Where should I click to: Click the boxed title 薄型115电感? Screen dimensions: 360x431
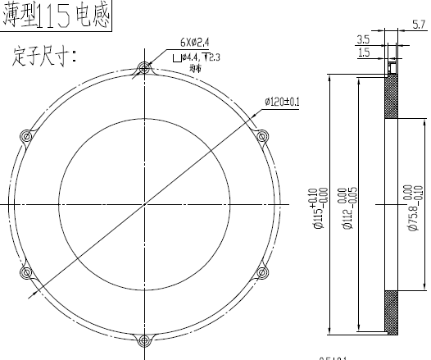pyautogui.click(x=56, y=16)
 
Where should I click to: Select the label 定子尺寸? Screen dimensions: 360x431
pyautogui.click(x=45, y=57)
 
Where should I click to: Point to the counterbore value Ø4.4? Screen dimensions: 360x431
pyautogui.click(x=191, y=57)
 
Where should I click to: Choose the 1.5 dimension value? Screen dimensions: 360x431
pyautogui.click(x=362, y=52)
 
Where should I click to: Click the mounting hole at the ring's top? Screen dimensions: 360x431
pyautogui.click(x=146, y=68)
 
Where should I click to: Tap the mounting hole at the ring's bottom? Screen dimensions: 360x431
pyautogui.click(x=146, y=338)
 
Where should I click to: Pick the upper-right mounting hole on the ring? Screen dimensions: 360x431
pyautogui.click(x=262, y=135)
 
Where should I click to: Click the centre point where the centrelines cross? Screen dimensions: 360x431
pyautogui.click(x=146, y=203)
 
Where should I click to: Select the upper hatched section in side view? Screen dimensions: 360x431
pyautogui.click(x=393, y=98)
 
